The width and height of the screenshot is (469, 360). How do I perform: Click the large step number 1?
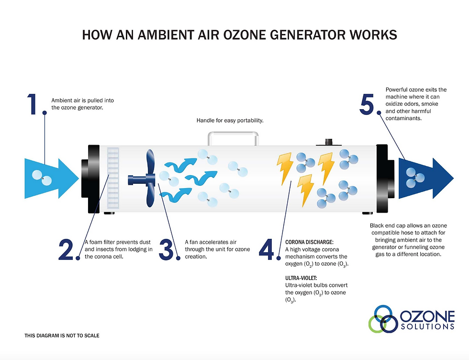32,104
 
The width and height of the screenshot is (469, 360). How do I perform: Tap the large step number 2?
66,249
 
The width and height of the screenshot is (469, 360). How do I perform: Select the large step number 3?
166,249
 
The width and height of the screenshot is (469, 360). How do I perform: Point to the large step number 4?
266,249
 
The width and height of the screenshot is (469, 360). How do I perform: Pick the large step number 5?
367,104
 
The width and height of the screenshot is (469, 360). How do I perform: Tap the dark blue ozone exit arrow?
426,179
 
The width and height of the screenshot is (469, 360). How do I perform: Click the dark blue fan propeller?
144,179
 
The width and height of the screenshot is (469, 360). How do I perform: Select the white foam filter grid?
113,178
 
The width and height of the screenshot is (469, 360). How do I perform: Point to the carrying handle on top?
234,134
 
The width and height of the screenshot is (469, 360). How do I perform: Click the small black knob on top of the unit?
329,142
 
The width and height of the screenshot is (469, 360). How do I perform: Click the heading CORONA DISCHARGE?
309,242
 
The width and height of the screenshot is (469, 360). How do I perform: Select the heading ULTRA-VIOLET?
301,278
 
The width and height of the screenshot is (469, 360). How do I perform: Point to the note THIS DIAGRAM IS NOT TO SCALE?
62,336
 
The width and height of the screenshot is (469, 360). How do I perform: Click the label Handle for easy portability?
230,120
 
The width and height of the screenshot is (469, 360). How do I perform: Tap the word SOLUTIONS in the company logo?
427,326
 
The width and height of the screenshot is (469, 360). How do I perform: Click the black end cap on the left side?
90,179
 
